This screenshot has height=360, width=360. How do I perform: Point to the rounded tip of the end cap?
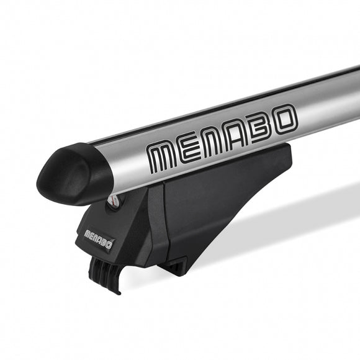pyautogui.click(x=41, y=181)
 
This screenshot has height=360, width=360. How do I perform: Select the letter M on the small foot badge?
pyautogui.click(x=88, y=234)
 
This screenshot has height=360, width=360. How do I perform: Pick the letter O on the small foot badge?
pyautogui.click(x=109, y=245)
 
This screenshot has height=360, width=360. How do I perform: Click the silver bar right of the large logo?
pyautogui.click(x=329, y=102)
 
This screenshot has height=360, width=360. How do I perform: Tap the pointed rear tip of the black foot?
pyautogui.click(x=289, y=151)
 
